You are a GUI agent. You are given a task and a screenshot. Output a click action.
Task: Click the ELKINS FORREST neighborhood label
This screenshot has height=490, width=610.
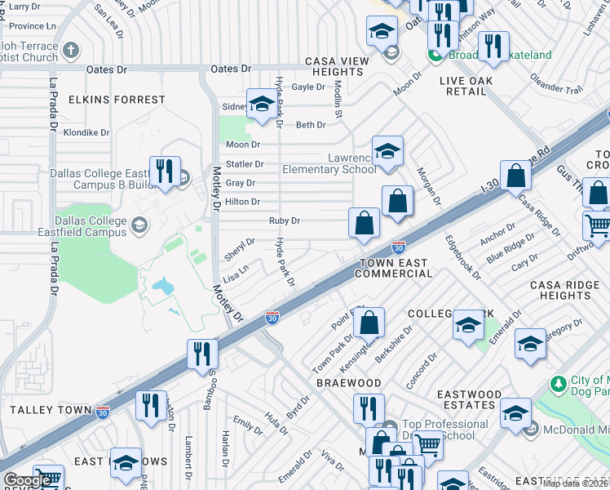point(117,100)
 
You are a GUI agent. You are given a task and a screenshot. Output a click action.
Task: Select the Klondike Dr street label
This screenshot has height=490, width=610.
point(86,131)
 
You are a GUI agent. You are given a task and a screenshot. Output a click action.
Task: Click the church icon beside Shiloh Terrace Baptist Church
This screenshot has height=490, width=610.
point(70,50)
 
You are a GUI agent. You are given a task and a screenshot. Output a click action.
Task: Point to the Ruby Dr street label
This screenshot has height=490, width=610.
point(285,220)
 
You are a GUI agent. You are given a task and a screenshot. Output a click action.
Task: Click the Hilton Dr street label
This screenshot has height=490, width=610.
point(242,202)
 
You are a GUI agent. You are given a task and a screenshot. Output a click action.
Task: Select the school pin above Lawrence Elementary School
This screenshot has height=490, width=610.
point(388,151)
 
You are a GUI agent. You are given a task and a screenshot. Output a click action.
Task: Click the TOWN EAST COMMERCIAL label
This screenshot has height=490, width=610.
point(395,268)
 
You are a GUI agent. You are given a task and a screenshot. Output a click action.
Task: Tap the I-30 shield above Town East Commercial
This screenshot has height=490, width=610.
point(398,247)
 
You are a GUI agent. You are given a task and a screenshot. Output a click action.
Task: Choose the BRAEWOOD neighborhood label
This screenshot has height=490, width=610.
point(349,383)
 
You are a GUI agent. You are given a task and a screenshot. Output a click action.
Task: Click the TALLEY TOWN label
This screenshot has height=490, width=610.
point(45,409)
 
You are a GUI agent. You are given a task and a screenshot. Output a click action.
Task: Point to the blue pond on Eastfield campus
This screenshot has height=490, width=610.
point(163,287)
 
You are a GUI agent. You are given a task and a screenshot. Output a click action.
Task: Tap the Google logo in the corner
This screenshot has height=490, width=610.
point(28,480)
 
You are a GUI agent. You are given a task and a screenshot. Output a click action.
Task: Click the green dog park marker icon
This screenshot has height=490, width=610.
point(558,383)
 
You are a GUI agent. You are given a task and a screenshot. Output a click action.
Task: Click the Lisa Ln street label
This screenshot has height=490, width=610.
point(236,278)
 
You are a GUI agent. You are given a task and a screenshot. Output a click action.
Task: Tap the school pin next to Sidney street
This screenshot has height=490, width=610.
point(262,104)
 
